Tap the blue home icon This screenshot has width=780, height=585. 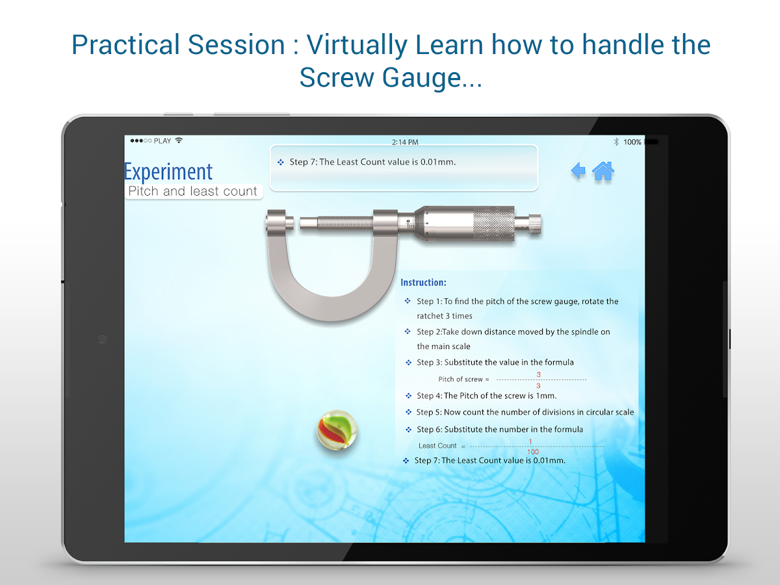coord(603,171)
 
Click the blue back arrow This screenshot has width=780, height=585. coord(578,170)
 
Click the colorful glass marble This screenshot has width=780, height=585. coord(337,430)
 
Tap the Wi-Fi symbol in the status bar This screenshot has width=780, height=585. coord(179,140)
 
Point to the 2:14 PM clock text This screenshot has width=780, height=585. coord(405,142)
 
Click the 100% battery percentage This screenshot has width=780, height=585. coord(632,142)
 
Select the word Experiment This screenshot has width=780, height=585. coord(168,172)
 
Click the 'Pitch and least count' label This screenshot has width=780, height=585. coord(192,191)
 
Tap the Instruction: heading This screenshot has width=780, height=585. coord(423,282)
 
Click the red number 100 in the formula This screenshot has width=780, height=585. coord(532,452)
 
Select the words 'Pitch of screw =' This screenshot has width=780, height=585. coord(463,380)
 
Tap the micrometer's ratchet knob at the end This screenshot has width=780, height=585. coord(534,224)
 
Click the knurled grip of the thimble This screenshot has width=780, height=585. coord(494,224)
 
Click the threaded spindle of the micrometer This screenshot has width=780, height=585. coord(344,223)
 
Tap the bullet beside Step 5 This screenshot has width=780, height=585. coord(409,412)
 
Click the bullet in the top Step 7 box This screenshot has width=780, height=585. coord(281,162)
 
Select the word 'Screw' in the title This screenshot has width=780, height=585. coord(337,77)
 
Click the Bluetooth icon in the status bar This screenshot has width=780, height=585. coord(616,142)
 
